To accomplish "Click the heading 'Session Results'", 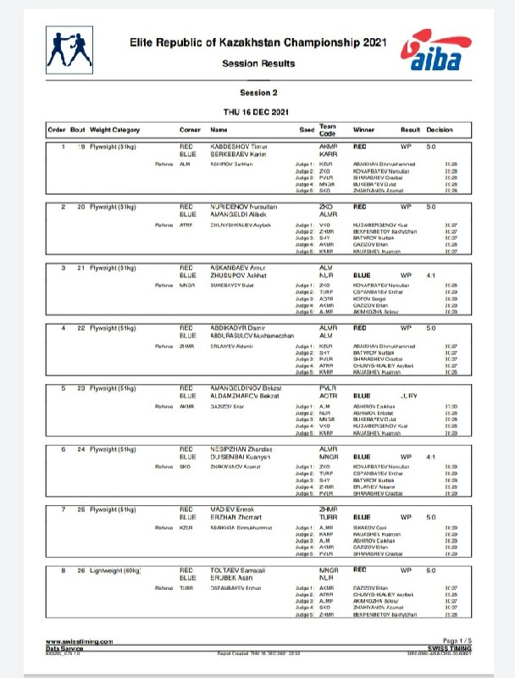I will (258, 64).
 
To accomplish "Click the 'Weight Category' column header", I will (115, 130).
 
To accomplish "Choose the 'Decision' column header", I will (440, 130).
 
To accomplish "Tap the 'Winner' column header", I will (363, 130).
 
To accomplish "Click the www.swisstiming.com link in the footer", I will (79, 642).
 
